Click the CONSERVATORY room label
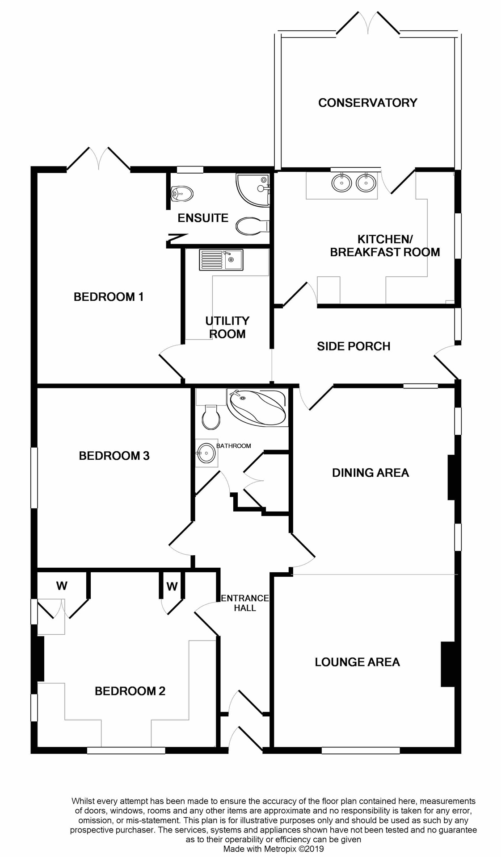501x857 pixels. click(367, 103)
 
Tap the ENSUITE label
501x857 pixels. click(203, 218)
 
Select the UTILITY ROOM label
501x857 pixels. click(227, 327)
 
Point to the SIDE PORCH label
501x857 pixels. click(354, 346)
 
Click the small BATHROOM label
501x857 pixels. click(234, 446)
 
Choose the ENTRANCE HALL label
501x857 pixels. click(245, 603)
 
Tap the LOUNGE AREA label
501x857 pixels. click(357, 662)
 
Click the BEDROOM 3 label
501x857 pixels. click(114, 456)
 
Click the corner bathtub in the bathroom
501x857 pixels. click(257, 407)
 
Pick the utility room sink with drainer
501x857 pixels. click(221, 260)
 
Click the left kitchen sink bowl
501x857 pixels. click(342, 182)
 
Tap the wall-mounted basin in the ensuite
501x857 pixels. click(182, 194)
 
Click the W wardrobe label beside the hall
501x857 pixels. click(172, 587)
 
